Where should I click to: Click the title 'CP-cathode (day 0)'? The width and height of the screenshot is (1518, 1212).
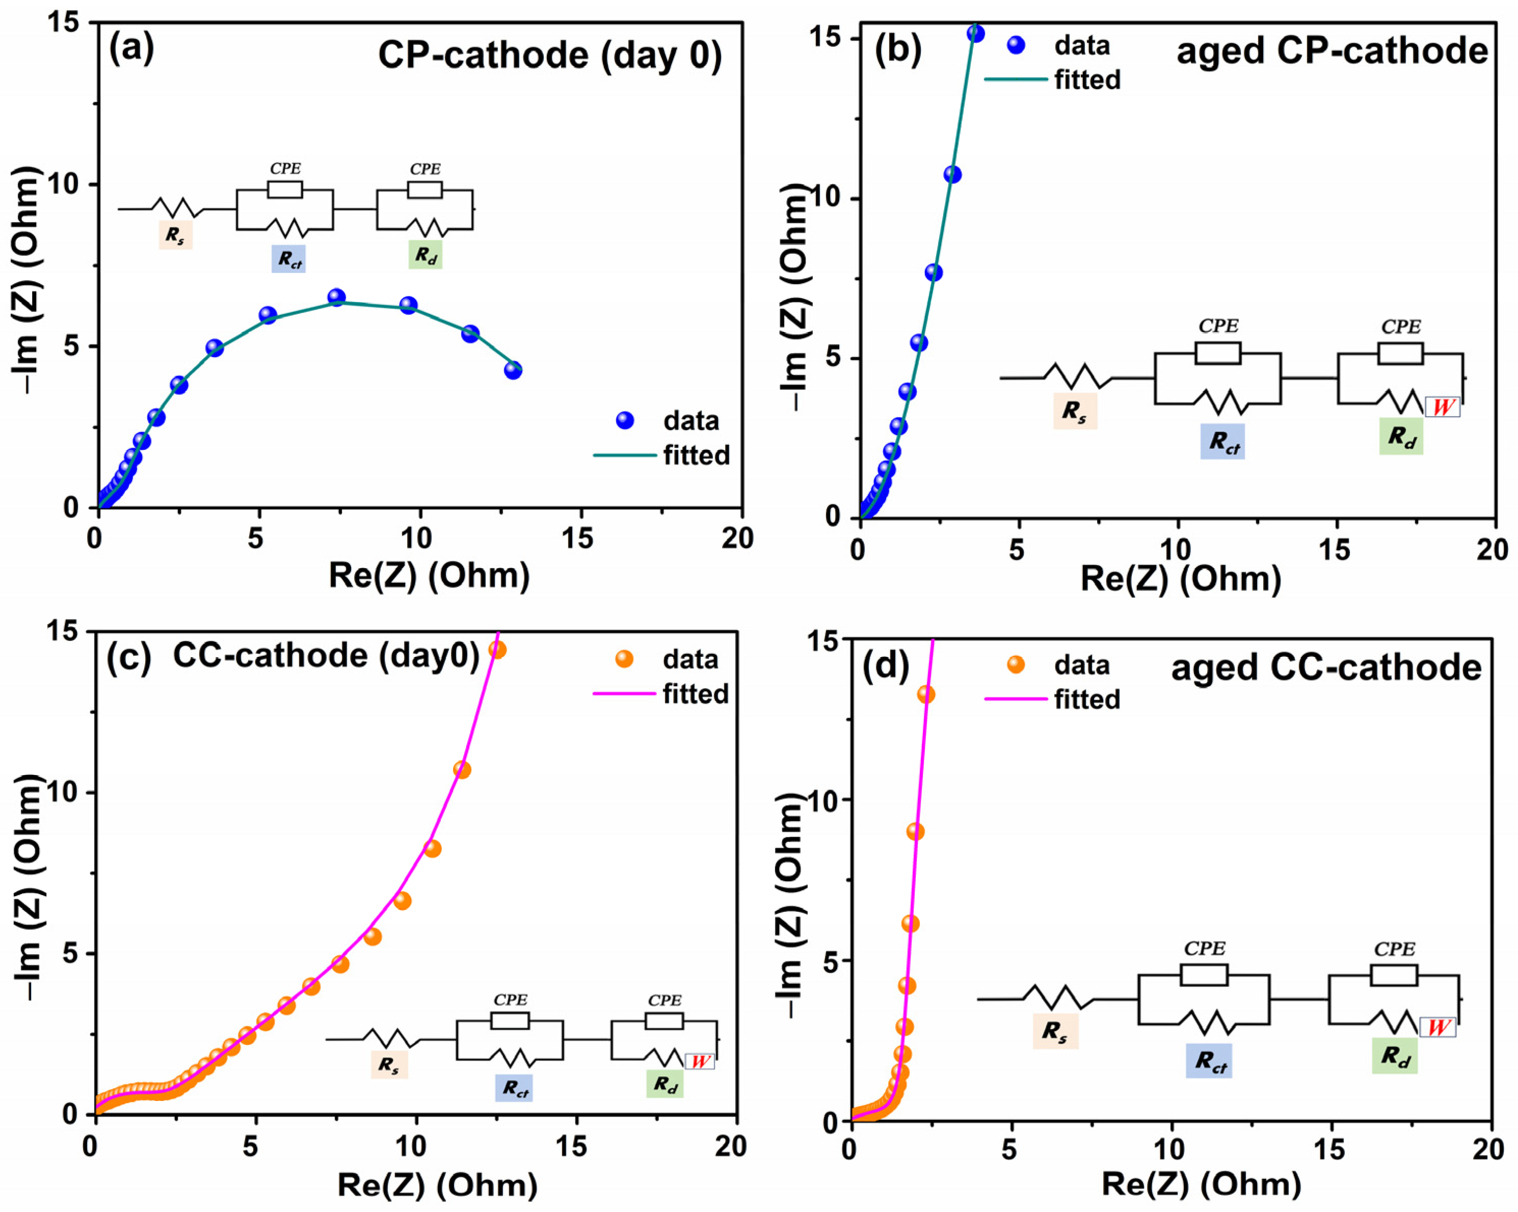pyautogui.click(x=550, y=55)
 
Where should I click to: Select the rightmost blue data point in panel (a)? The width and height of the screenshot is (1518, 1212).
pyautogui.click(x=513, y=370)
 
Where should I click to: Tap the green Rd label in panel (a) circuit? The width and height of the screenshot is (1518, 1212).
pyautogui.click(x=425, y=255)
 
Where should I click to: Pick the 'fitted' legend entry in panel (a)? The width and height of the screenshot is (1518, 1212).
pyautogui.click(x=695, y=455)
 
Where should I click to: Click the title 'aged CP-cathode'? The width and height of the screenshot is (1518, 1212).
pyautogui.click(x=1332, y=50)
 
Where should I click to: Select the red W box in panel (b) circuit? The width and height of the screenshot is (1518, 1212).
pyautogui.click(x=1442, y=407)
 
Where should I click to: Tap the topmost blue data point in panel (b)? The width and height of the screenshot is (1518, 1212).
pyautogui.click(x=976, y=33)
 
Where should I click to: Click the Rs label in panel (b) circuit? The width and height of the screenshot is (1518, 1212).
pyautogui.click(x=1075, y=411)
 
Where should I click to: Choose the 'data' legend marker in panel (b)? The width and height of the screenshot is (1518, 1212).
pyautogui.click(x=1016, y=45)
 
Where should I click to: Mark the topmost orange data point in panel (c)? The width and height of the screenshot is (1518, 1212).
pyautogui.click(x=497, y=650)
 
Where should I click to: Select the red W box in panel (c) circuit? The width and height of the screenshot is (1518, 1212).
pyautogui.click(x=699, y=1061)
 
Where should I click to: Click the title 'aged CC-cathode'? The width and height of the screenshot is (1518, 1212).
pyautogui.click(x=1326, y=667)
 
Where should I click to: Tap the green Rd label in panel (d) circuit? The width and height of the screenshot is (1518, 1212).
pyautogui.click(x=1394, y=1056)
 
